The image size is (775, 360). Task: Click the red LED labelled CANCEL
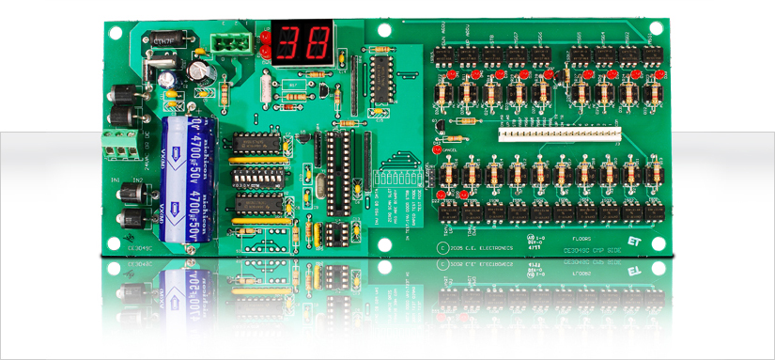437,149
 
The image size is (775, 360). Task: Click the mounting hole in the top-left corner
115,31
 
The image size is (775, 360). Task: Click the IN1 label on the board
116,179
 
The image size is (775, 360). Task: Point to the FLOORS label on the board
579,240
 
